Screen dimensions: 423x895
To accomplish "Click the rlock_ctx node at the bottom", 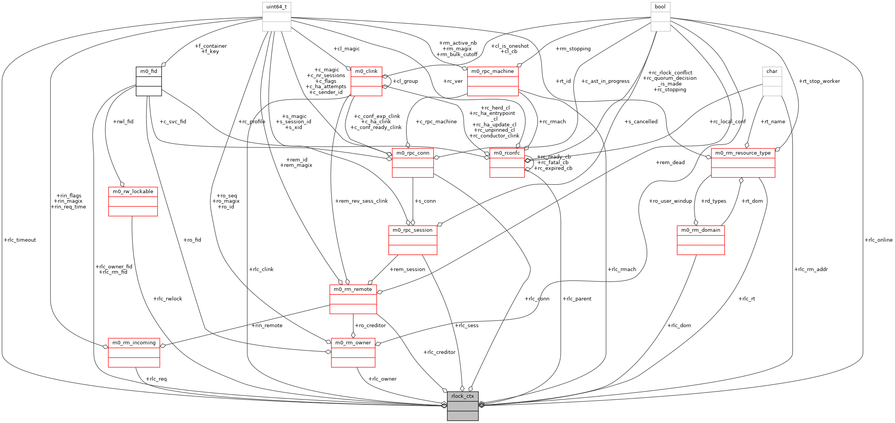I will (x=463, y=406).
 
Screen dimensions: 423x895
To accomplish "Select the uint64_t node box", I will (x=276, y=17).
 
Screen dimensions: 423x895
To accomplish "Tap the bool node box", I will (x=660, y=17).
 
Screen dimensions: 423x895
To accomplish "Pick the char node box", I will (x=772, y=81).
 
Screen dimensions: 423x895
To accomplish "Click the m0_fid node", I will (x=149, y=81).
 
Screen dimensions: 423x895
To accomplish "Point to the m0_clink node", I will (x=366, y=81).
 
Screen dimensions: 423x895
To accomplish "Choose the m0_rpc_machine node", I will (x=492, y=81).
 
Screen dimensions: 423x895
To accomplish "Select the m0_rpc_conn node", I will (x=413, y=163).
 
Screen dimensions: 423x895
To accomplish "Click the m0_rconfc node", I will (x=507, y=163).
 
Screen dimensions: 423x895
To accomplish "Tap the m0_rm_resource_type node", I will (x=743, y=163).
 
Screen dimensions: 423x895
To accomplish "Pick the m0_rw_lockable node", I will (x=133, y=202).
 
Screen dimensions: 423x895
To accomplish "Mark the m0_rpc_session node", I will (x=413, y=240).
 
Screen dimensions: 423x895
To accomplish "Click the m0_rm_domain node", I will (x=700, y=240).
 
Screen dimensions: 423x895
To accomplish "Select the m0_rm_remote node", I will (x=353, y=299).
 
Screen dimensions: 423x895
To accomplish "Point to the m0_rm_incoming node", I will (x=134, y=353).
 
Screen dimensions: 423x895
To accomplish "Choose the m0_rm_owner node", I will (x=353, y=353).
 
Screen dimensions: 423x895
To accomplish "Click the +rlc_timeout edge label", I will (x=20, y=240).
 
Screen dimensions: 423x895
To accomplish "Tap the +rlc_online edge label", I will (x=879, y=240).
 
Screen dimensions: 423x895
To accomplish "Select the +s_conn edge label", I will (x=425, y=201).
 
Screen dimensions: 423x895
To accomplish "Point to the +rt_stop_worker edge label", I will (x=819, y=81).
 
